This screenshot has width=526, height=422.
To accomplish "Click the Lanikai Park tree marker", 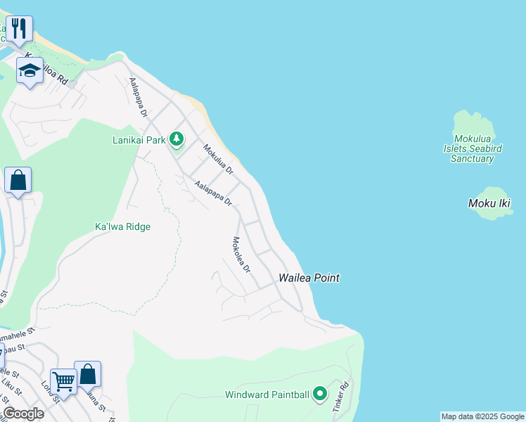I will [x=176, y=140].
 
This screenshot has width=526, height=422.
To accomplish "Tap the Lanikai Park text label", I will [x=139, y=140].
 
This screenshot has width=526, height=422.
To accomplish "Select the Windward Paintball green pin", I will [x=320, y=394].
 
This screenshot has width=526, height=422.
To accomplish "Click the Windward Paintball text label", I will [x=267, y=395].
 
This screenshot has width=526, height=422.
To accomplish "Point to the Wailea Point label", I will [x=309, y=278].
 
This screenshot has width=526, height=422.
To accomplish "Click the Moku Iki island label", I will [x=489, y=203].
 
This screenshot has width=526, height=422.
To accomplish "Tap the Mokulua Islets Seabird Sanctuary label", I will [x=473, y=148].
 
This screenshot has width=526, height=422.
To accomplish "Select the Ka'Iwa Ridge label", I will [x=122, y=226].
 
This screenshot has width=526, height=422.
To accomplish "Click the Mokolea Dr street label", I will [x=241, y=255].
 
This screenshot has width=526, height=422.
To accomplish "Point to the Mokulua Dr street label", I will [x=218, y=160].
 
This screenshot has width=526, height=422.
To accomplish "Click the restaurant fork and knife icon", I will [x=19, y=29].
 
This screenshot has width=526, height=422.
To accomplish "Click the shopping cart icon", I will [x=63, y=382].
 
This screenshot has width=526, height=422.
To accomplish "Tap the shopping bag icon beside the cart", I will [x=88, y=374].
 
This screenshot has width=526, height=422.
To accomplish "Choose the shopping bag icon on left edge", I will [x=18, y=180].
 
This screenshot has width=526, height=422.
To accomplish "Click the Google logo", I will [x=23, y=414].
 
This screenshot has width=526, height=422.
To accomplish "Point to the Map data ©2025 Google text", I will [x=482, y=416].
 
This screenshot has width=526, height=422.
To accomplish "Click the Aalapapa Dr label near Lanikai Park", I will [x=138, y=97].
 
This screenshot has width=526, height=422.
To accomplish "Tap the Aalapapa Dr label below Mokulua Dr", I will [x=214, y=193].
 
